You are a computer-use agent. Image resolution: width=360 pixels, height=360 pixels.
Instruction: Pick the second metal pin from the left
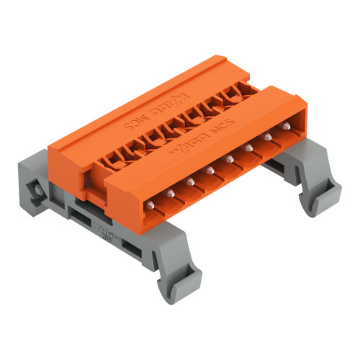click(x=189, y=181)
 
